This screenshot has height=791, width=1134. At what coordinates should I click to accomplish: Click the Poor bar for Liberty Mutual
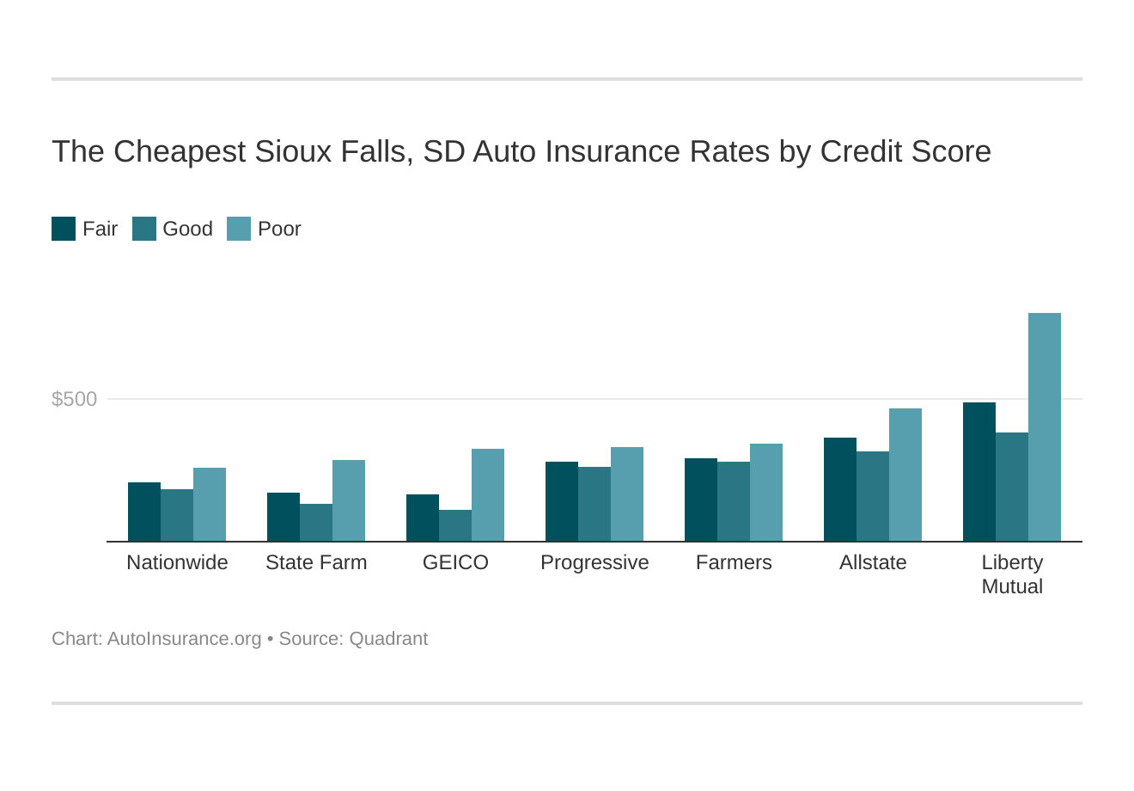coord(1044,427)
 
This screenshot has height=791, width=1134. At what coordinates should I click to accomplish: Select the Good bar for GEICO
coord(455,526)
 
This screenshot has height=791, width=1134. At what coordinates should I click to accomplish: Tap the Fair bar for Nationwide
coord(144,512)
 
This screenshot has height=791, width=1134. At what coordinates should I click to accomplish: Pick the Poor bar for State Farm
coord(349,500)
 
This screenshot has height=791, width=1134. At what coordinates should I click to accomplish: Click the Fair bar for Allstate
coord(840,489)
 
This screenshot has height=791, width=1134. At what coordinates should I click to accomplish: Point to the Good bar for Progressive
coord(594,504)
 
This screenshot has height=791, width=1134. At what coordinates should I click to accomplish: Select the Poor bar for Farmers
coord(766,493)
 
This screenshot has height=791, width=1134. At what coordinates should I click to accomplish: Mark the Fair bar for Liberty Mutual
coord(979,472)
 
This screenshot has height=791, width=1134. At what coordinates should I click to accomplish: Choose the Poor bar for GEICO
coord(488,495)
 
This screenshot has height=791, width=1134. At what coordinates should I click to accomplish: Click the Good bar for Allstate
coord(873,496)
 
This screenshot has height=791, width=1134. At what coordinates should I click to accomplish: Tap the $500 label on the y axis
coord(75,399)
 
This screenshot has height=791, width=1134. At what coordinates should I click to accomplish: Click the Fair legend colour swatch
coord(64,229)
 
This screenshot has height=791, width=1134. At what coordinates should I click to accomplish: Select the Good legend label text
coord(187,229)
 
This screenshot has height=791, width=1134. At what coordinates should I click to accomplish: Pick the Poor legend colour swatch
coord(239,229)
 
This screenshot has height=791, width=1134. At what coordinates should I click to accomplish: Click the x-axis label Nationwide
coord(177,562)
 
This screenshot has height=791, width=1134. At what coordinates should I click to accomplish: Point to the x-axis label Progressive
coord(594,562)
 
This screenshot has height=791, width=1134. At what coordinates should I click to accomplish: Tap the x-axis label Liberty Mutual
coord(1012,574)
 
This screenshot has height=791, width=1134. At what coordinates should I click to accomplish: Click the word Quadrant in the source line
coord(388,639)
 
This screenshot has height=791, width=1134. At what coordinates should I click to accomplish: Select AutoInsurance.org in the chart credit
coord(184,639)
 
